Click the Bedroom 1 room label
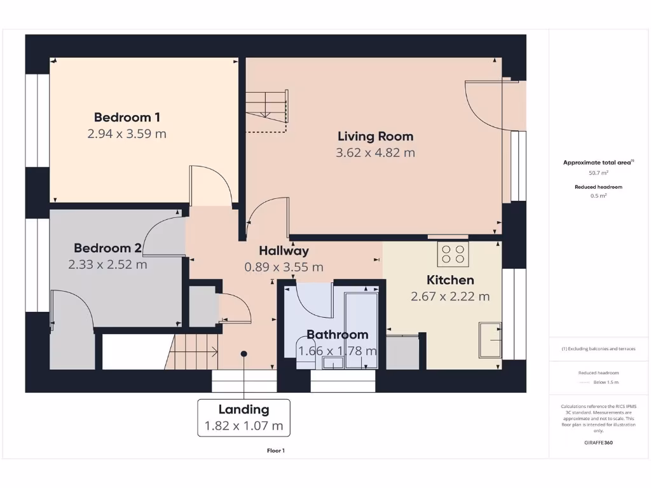pos(127,117)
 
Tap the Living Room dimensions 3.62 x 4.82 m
pos(375,152)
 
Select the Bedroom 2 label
pos(107,248)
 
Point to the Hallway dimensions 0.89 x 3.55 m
pos(284,267)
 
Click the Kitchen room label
pos(450,280)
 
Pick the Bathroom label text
pos(337,334)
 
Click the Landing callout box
pos(243,417)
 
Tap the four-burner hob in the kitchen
pos(453,254)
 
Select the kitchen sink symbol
pos(490,340)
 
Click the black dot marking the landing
pos(244,354)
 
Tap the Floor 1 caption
pos(276,451)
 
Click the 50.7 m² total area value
pos(598,173)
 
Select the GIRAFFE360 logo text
pos(598,442)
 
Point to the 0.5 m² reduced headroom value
pos(598,196)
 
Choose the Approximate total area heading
pos(598,163)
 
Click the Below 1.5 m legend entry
pos(605,383)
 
